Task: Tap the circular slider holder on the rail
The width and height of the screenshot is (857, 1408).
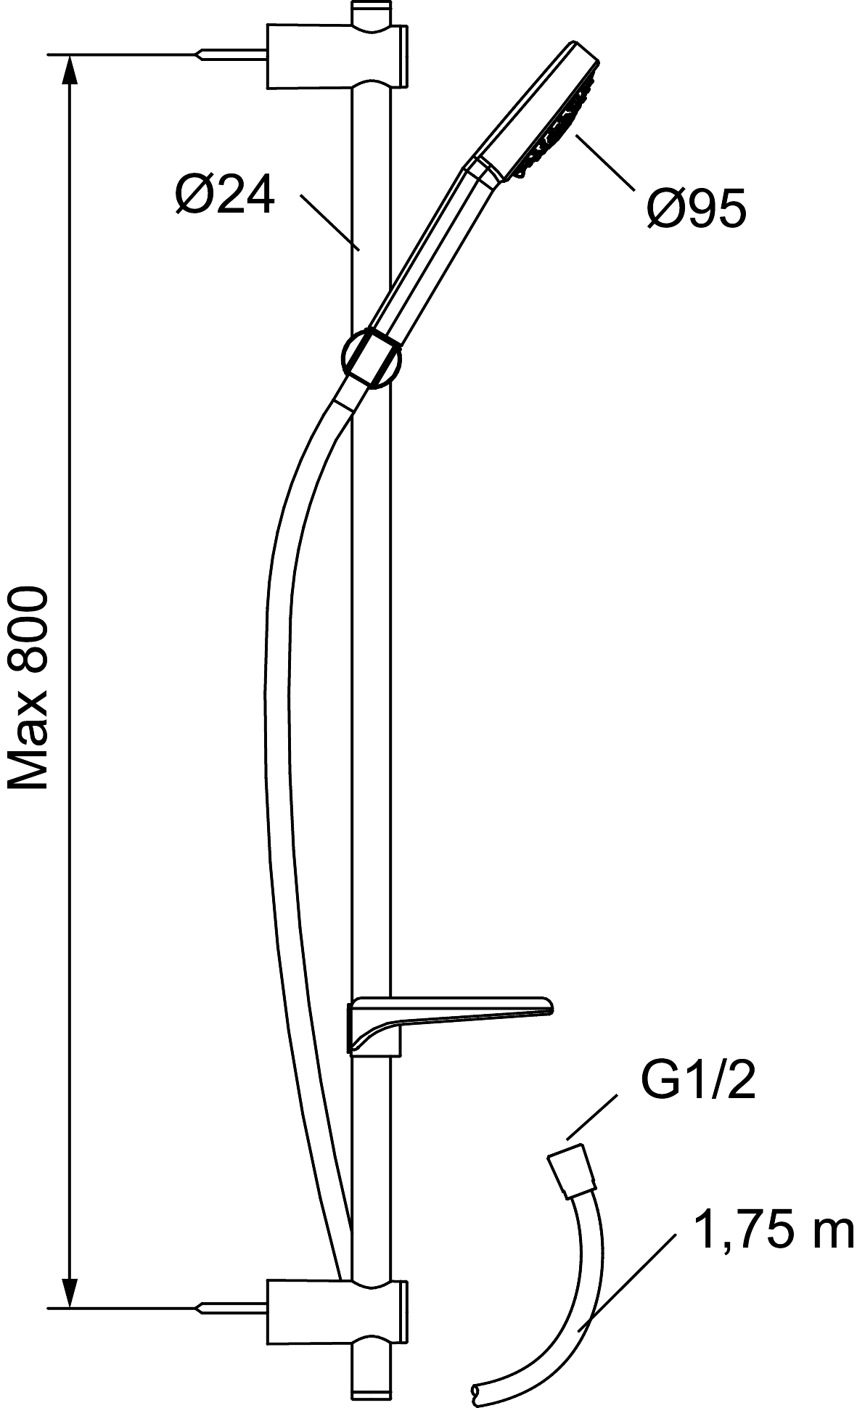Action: pos(370,358)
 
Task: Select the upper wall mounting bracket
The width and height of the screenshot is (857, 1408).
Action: pos(337,57)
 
